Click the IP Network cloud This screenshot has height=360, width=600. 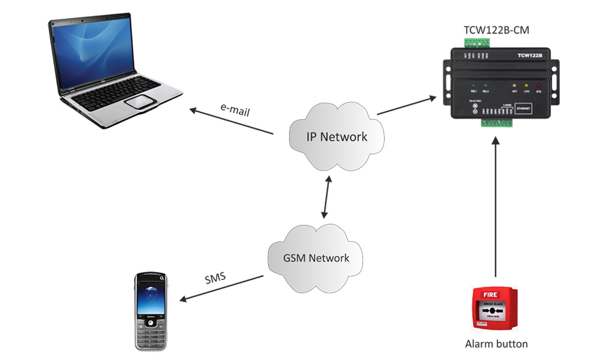point(336,137)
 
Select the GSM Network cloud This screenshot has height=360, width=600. point(316,259)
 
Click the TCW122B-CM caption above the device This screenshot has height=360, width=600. point(496,30)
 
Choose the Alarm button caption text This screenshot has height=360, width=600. point(496,344)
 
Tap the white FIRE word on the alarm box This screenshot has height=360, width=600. point(490,295)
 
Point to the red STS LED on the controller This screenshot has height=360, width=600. point(538,85)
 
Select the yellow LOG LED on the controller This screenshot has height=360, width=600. point(526,85)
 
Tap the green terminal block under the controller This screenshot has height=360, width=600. point(496,123)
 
